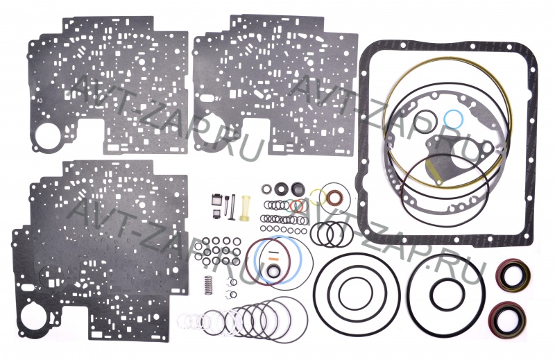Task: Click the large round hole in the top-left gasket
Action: (x=49, y=135)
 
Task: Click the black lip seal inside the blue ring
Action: (x=274, y=271)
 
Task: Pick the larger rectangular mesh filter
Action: (x=216, y=200)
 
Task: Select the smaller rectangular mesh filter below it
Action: (x=216, y=214)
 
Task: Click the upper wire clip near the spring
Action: (x=232, y=282)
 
